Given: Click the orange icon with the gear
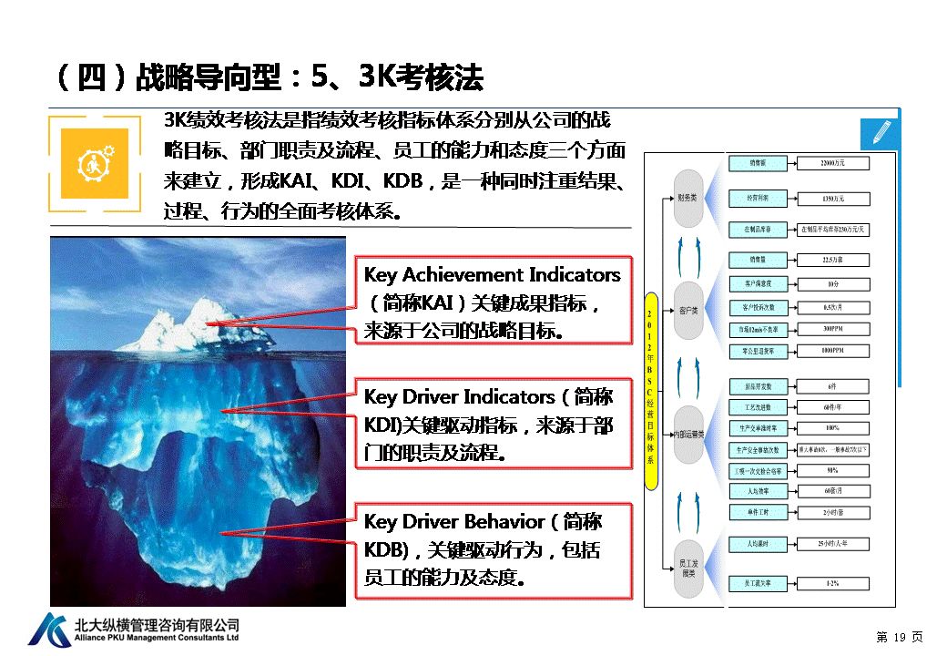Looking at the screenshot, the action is click(x=94, y=163).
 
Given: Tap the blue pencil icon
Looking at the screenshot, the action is click(x=880, y=132).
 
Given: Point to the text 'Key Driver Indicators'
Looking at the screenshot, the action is click(x=459, y=397).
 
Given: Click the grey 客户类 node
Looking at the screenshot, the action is click(x=688, y=311).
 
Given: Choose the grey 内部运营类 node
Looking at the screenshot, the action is click(x=688, y=435).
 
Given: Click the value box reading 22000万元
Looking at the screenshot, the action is click(x=832, y=164).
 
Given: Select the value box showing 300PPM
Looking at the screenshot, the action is click(x=832, y=329).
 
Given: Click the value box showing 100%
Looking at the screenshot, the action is click(x=832, y=427).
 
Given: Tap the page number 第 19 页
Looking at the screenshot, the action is click(x=899, y=636).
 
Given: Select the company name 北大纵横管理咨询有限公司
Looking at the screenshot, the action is click(x=157, y=624).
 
